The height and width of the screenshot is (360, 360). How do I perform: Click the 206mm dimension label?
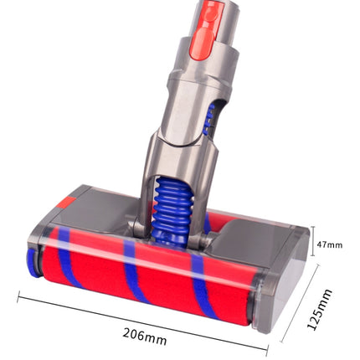(145, 337)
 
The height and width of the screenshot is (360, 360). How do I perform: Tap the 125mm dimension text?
(320, 310)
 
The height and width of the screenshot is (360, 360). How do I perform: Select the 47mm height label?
(329, 245)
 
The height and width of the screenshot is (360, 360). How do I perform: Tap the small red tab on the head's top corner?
(68, 203)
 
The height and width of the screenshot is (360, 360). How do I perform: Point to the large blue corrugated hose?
(171, 212)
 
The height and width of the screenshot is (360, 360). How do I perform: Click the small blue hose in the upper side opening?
(208, 120)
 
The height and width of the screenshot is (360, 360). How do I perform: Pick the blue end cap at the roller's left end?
(33, 263)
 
